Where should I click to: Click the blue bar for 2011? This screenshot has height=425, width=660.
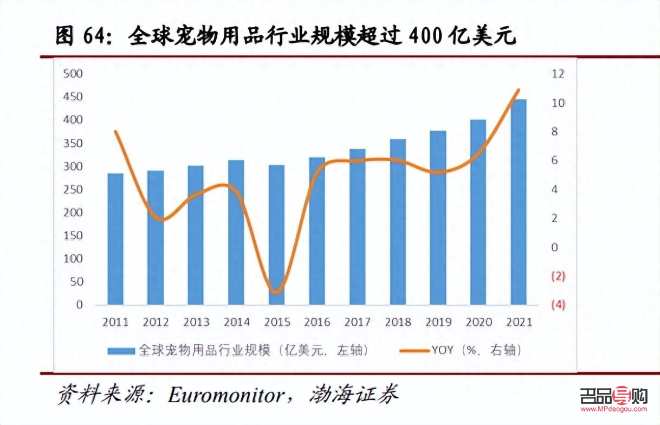point(115,239)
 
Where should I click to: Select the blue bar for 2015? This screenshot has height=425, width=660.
point(276,234)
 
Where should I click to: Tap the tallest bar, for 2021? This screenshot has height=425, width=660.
point(519,202)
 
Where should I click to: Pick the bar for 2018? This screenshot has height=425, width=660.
point(398,222)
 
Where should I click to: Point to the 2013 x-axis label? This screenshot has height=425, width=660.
point(196,322)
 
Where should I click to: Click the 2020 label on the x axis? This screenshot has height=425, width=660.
point(478,322)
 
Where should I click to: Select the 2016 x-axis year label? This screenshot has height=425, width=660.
point(317,322)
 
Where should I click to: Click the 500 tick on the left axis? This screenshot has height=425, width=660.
point(73,74)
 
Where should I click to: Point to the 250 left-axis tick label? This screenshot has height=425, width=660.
point(73,189)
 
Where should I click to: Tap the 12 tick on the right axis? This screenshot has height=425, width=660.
point(558,74)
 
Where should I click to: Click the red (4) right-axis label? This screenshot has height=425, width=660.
point(558,305)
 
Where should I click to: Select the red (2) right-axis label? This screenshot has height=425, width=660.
point(558,276)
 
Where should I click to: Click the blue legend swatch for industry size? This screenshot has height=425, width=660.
point(121,351)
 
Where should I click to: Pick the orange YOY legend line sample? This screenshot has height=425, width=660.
point(414,351)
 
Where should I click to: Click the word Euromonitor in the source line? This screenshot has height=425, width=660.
point(225,395)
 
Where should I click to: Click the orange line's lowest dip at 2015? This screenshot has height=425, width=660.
point(277,292)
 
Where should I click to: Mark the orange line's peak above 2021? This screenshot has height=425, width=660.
point(519,90)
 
